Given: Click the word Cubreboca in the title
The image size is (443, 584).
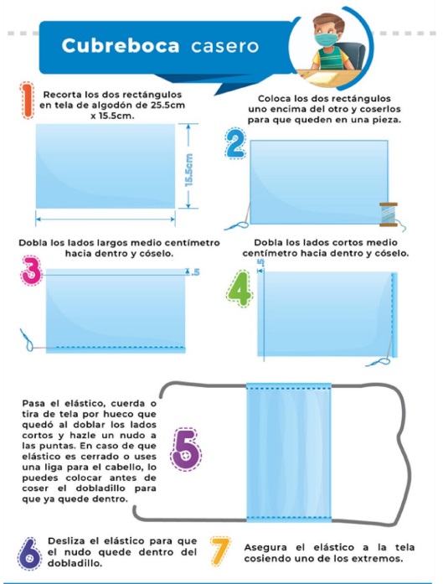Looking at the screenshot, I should (120, 46).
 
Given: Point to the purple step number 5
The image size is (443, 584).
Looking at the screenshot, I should (186, 450).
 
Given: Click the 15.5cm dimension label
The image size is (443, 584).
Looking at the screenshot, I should (190, 168).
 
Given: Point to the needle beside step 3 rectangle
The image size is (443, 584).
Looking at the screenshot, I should (28, 341).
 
